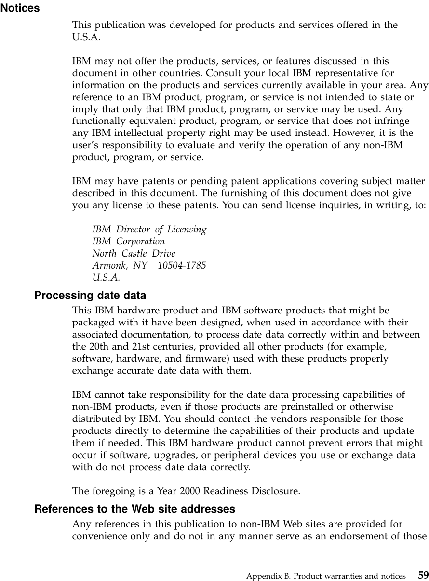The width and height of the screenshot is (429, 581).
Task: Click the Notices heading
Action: click(20, 9)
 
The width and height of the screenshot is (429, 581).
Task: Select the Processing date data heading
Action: click(90, 295)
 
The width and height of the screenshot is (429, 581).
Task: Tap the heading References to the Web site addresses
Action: click(135, 509)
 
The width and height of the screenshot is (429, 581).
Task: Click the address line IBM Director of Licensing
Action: click(149, 230)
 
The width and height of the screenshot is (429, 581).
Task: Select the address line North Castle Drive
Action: click(134, 254)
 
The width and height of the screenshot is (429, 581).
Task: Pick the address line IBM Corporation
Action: click(129, 242)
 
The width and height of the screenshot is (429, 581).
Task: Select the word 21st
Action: click(138, 347)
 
